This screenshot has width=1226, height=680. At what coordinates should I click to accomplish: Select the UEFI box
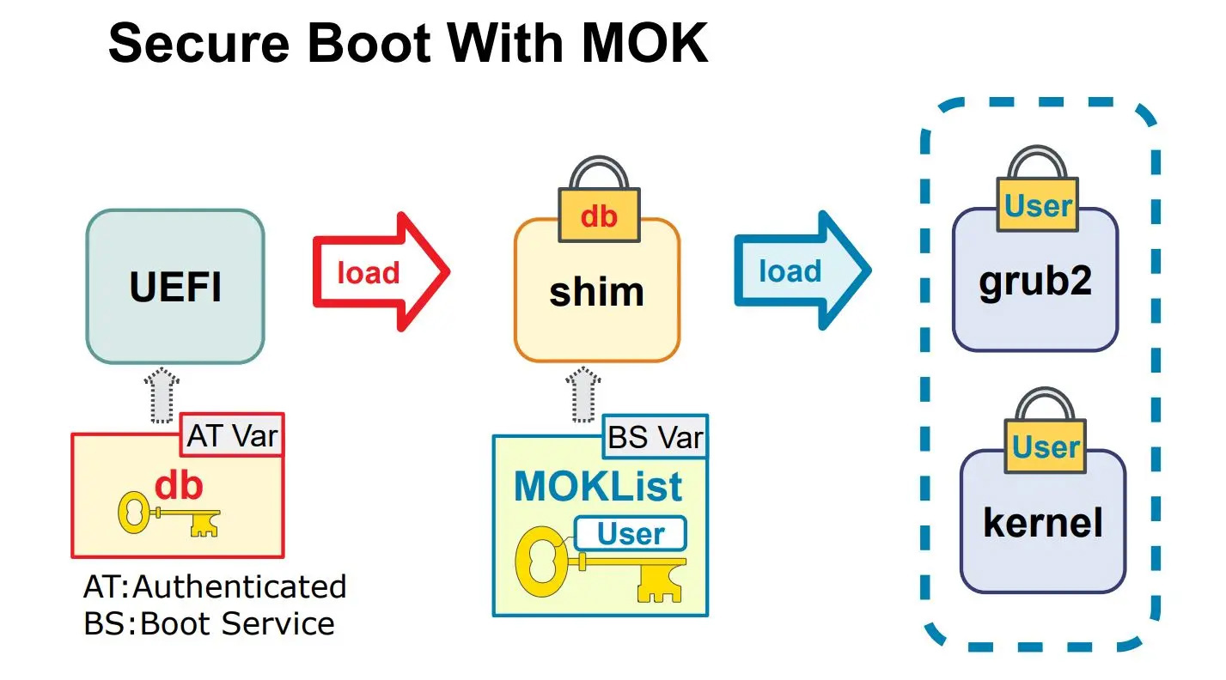pos(175,287)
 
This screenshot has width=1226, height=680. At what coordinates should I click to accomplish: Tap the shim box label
pos(596,292)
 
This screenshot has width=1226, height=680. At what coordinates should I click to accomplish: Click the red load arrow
pos(378,272)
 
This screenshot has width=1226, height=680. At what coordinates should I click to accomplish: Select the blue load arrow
pos(800,271)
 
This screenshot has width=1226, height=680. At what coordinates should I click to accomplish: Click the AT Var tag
pos(232,435)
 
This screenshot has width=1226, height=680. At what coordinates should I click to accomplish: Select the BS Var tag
pos(656,437)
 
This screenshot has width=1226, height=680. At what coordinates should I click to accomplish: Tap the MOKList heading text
pos(598,487)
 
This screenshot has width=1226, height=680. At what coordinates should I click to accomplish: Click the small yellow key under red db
pos(168,514)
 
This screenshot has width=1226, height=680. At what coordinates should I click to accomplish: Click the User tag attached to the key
pos(631,534)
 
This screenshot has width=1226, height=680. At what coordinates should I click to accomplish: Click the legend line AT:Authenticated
pos(215,587)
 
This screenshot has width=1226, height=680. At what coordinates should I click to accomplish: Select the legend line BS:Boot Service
pos(209,623)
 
